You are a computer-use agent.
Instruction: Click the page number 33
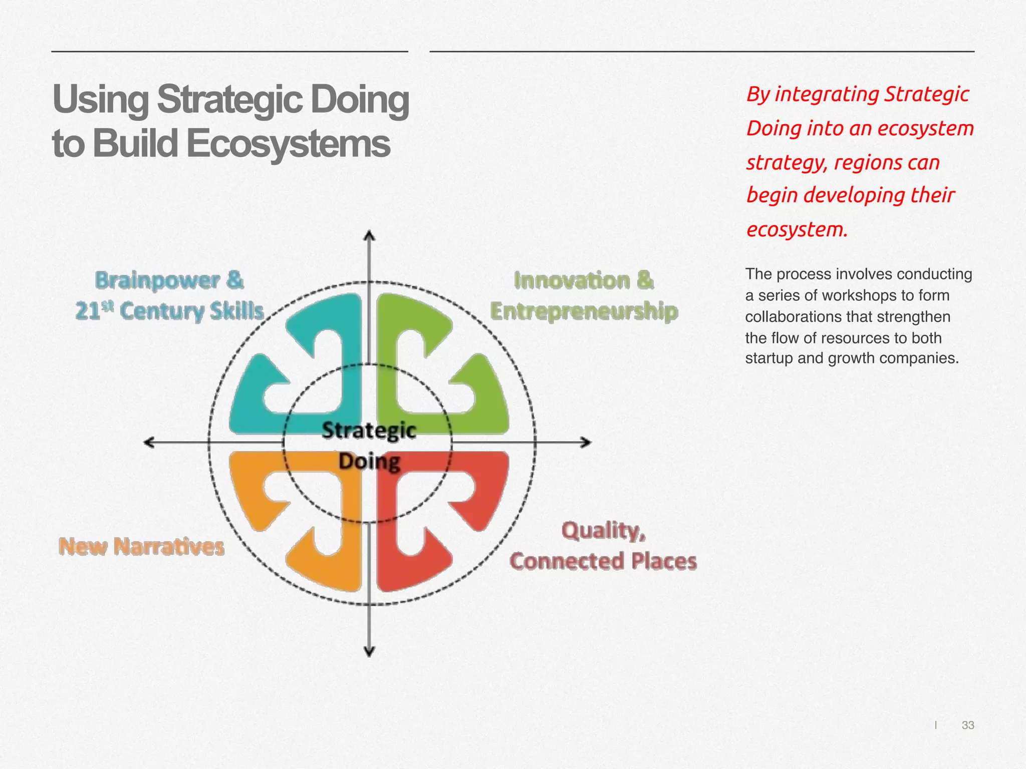[x=967, y=725]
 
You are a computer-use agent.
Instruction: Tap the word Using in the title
[x=100, y=99]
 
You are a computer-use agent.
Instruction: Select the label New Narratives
[x=141, y=546]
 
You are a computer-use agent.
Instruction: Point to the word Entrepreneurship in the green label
[x=584, y=311]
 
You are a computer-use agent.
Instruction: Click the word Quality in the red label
[x=603, y=531]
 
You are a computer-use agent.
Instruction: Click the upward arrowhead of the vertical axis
[x=369, y=236]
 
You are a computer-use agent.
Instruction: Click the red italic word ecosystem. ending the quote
[x=797, y=230]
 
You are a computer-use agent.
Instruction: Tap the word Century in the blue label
[x=162, y=311]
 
